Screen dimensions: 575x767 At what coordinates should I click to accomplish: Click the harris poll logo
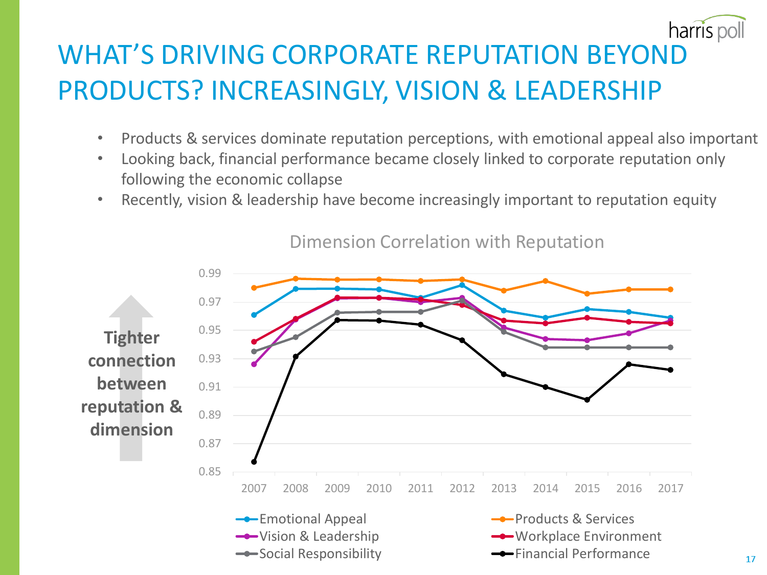tap(707, 29)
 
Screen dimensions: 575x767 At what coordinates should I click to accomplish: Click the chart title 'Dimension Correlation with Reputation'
tap(446, 242)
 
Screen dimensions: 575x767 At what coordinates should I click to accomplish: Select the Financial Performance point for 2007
tap(254, 462)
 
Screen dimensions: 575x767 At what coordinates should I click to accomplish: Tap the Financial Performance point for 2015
tap(587, 400)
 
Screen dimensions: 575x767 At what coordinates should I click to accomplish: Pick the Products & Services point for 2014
tap(546, 281)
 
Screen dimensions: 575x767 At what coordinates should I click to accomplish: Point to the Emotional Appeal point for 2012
tap(462, 285)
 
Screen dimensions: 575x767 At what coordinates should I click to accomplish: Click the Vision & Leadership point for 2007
tap(254, 364)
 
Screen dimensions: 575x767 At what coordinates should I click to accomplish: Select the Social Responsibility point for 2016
tap(629, 348)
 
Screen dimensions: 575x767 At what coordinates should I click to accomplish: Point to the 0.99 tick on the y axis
tap(210, 273)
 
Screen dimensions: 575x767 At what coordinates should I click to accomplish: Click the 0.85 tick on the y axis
tap(210, 471)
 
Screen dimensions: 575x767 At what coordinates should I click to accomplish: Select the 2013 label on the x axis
tap(504, 488)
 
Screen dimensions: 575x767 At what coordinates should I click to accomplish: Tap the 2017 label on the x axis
tap(670, 488)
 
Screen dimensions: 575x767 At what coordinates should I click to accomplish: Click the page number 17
tap(750, 559)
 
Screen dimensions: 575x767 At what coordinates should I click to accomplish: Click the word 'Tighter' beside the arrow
tap(131, 338)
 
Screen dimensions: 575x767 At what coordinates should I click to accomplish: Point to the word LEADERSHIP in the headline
tap(588, 90)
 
